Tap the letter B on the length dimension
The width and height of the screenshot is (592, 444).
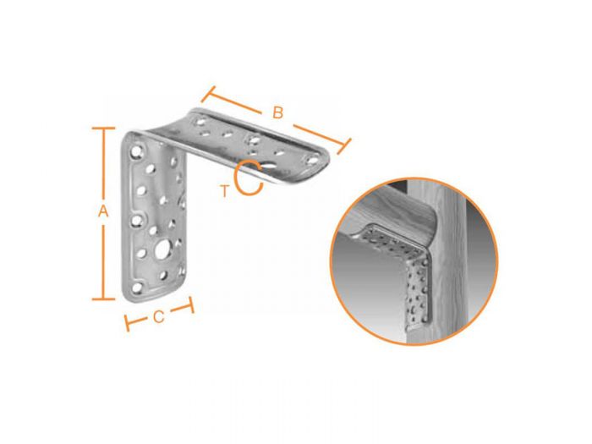[277, 111]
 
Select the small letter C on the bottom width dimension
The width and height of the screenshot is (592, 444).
[159, 318]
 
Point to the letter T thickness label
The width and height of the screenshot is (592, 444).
[224, 191]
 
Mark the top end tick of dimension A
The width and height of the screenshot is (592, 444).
[103, 129]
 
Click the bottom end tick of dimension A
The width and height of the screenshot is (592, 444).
[103, 299]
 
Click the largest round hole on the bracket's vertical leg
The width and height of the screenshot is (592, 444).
[161, 250]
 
